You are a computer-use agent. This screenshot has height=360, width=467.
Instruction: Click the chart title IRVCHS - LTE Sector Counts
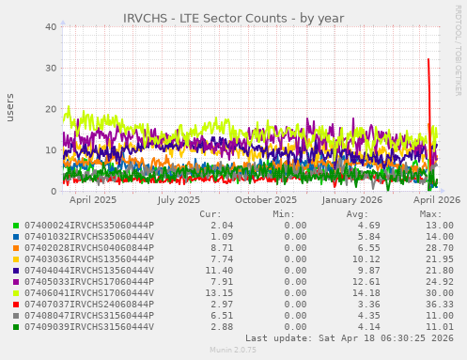pyautogui.click(x=233, y=18)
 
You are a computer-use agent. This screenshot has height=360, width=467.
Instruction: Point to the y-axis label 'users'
pyautogui.click(x=10, y=108)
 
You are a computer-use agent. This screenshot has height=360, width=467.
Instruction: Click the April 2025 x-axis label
pyautogui.click(x=93, y=199)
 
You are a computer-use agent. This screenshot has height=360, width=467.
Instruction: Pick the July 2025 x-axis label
pyautogui.click(x=179, y=199)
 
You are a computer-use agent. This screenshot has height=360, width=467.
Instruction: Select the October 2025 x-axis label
pyautogui.click(x=265, y=199)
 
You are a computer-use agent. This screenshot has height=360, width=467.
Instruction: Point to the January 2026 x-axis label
pyautogui.click(x=351, y=199)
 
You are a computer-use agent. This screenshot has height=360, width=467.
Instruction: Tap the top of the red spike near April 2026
pyautogui.click(x=428, y=59)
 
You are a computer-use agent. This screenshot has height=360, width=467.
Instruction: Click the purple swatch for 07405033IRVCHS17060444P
pyautogui.click(x=15, y=282)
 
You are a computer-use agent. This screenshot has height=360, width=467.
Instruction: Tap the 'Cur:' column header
pyautogui.click(x=210, y=214)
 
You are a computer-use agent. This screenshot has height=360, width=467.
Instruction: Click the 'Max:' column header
pyautogui.click(x=430, y=214)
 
